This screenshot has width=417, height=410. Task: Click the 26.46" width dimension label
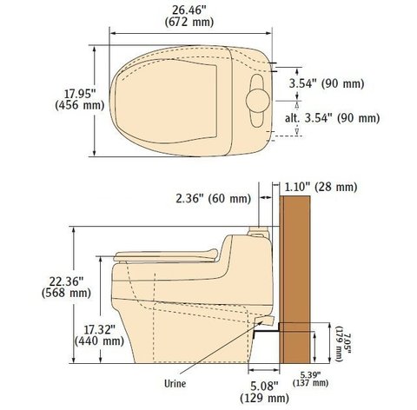pyautogui.click(x=189, y=10)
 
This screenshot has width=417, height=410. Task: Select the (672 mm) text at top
pyautogui.click(x=189, y=23)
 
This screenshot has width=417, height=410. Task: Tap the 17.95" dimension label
pyautogui.click(x=80, y=94)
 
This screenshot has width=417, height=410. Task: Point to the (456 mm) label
pyautogui.click(x=80, y=105)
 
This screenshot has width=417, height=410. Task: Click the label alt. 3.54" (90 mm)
pyautogui.click(x=332, y=118)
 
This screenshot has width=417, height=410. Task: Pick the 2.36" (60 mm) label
pyautogui.click(x=213, y=199)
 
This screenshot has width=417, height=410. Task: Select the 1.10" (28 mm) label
pyautogui.click(x=321, y=187)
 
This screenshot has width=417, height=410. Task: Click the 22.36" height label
pyautogui.click(x=66, y=281)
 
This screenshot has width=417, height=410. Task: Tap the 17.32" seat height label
pyautogui.click(x=99, y=329)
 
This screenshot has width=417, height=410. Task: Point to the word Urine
pyautogui.click(x=175, y=384)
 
